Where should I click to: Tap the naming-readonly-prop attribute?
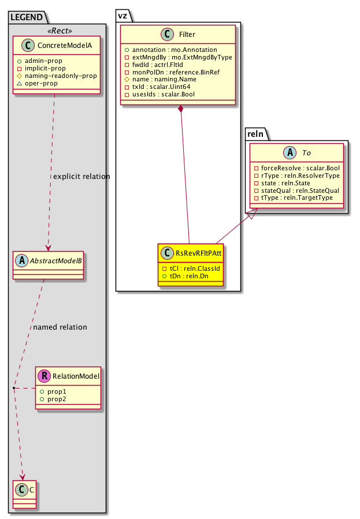pyautogui.click(x=65, y=76)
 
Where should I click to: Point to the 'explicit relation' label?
pyautogui.click(x=81, y=176)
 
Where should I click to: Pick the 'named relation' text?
pyautogui.click(x=60, y=327)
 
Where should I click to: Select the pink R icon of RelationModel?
pyautogui.click(x=44, y=377)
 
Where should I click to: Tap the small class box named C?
pyautogui.click(x=23, y=491)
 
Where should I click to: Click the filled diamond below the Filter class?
pyautogui.click(x=181, y=109)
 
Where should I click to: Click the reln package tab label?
pyautogui.click(x=255, y=135)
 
